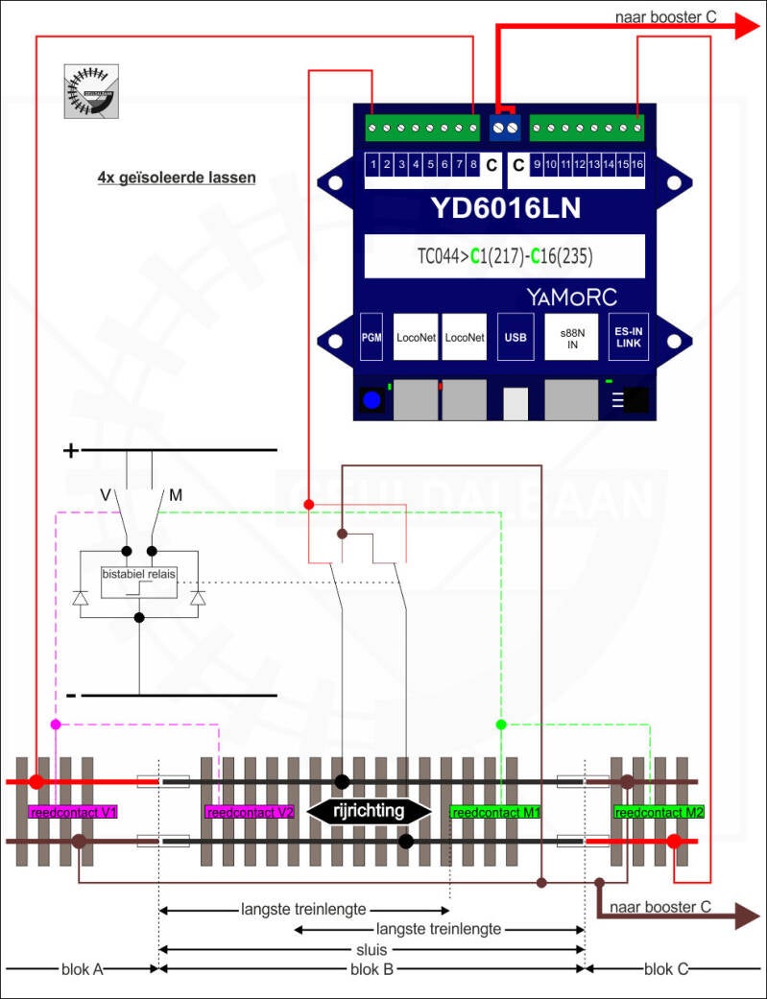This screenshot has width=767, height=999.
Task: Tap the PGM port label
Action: pos(372,337)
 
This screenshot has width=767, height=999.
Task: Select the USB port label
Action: pos(515,337)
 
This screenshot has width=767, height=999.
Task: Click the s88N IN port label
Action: pos(571,337)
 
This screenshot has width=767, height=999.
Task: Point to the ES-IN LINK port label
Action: pos(629,337)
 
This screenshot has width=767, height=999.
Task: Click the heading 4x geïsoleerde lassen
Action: pos(177,178)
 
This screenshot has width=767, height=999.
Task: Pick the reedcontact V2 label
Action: pos(250,812)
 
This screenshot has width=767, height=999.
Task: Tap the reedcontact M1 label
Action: pos(495,812)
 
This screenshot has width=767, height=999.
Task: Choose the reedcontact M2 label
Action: pos(659,812)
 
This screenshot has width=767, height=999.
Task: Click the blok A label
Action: pos(82,969)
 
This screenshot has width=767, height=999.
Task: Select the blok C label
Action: pos(666,969)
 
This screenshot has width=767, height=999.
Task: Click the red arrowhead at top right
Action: pos(745,27)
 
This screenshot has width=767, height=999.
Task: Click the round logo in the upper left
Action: pos(92,91)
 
